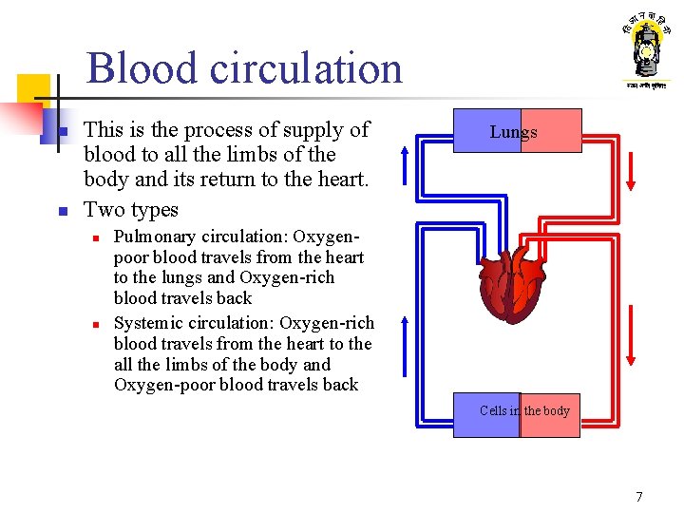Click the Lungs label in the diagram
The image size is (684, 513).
pyautogui.click(x=514, y=132)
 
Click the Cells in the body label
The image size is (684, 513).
pyautogui.click(x=524, y=411)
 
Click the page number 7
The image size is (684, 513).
pyautogui.click(x=639, y=496)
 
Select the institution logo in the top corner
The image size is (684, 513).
pyautogui.click(x=646, y=52)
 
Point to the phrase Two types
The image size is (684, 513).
pyautogui.click(x=131, y=209)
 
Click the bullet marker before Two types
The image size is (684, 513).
pyautogui.click(x=60, y=211)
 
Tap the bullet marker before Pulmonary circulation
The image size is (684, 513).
pyautogui.click(x=97, y=237)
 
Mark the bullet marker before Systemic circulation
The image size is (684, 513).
pyautogui.click(x=97, y=324)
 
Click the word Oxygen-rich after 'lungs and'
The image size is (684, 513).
pyautogui.click(x=287, y=277)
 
